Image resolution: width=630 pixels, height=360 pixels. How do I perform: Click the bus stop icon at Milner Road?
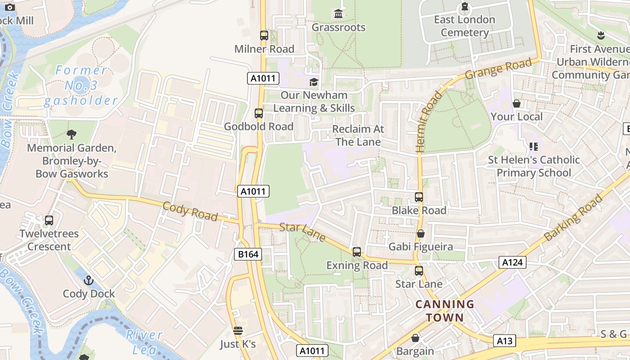click(x=264, y=36)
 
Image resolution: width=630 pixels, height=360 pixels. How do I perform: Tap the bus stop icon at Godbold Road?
click(x=259, y=113)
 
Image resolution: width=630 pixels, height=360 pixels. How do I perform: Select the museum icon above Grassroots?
click(x=338, y=14)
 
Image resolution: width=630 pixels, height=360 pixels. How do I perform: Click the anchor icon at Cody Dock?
click(x=89, y=281)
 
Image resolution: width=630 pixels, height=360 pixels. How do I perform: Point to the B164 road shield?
click(x=248, y=254)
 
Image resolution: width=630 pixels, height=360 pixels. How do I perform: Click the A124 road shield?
click(x=513, y=262)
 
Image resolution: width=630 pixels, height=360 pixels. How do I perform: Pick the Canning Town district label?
click(x=445, y=311)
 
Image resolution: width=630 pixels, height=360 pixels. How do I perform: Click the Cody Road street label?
click(x=190, y=211)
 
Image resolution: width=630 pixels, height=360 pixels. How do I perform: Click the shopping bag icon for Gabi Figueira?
click(x=420, y=234)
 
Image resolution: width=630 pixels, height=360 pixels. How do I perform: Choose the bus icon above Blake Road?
click(x=419, y=197)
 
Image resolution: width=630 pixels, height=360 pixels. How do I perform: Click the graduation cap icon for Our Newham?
click(x=314, y=82)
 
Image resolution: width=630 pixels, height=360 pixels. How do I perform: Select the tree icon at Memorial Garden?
click(x=71, y=134)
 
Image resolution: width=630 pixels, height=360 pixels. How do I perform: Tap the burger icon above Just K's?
click(x=238, y=331)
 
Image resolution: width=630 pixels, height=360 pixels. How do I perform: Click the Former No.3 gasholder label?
click(x=81, y=85)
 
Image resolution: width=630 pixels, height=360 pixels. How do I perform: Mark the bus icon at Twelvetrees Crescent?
click(x=49, y=220)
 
